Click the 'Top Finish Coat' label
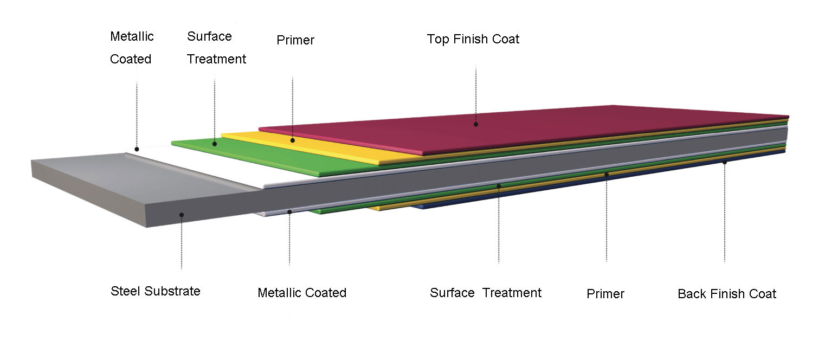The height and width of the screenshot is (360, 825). pyautogui.click(x=473, y=39)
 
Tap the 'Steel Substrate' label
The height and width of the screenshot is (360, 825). pyautogui.click(x=156, y=291)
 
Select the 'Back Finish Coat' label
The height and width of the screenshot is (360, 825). pyautogui.click(x=727, y=294)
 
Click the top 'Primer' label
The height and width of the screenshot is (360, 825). pyautogui.click(x=295, y=40)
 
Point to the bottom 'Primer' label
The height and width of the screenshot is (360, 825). pyautogui.click(x=605, y=294)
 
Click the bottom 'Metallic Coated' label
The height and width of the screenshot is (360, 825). pyautogui.click(x=302, y=293)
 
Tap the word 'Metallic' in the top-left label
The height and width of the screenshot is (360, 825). pyautogui.click(x=132, y=36)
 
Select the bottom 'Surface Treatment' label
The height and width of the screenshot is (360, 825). pyautogui.click(x=486, y=293)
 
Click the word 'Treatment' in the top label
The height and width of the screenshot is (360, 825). pyautogui.click(x=216, y=59)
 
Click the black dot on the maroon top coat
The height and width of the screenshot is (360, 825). pyautogui.click(x=476, y=125)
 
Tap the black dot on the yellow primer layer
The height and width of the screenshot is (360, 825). pyautogui.click(x=292, y=140)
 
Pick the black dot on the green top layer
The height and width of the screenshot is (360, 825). pyautogui.click(x=215, y=144)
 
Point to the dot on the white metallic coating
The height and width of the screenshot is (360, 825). pyautogui.click(x=137, y=149)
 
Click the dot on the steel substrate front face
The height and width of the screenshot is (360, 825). pyautogui.click(x=182, y=215)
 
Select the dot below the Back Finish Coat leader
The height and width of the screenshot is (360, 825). pyautogui.click(x=725, y=162)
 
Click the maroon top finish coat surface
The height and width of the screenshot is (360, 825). pyautogui.click(x=515, y=129)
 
